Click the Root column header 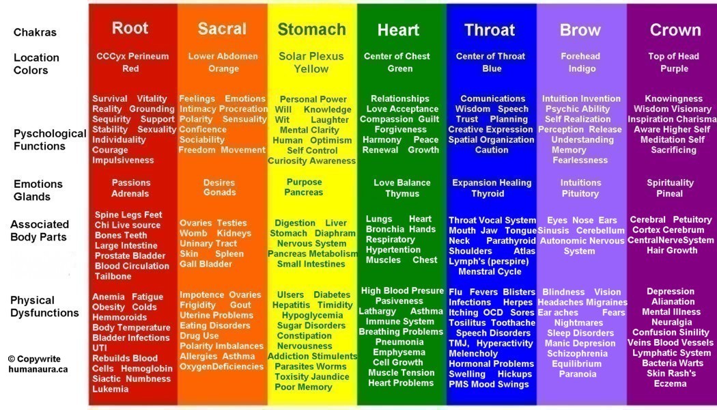click(130, 28)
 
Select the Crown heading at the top click(675, 30)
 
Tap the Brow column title click(580, 30)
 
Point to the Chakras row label click(36, 33)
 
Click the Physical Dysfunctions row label click(45, 307)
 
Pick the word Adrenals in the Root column click(130, 193)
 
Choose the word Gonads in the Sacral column click(219, 192)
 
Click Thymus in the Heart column click(402, 193)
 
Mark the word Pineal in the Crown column click(669, 193)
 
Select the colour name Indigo click(582, 68)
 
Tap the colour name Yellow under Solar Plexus click(311, 69)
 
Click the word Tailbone click(113, 276)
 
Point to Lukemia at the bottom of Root click(110, 389)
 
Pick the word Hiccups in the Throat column click(515, 374)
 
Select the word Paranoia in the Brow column click(578, 374)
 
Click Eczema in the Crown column click(670, 383)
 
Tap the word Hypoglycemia click(312, 316)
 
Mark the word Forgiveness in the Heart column click(401, 130)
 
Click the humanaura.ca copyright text click(38, 369)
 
